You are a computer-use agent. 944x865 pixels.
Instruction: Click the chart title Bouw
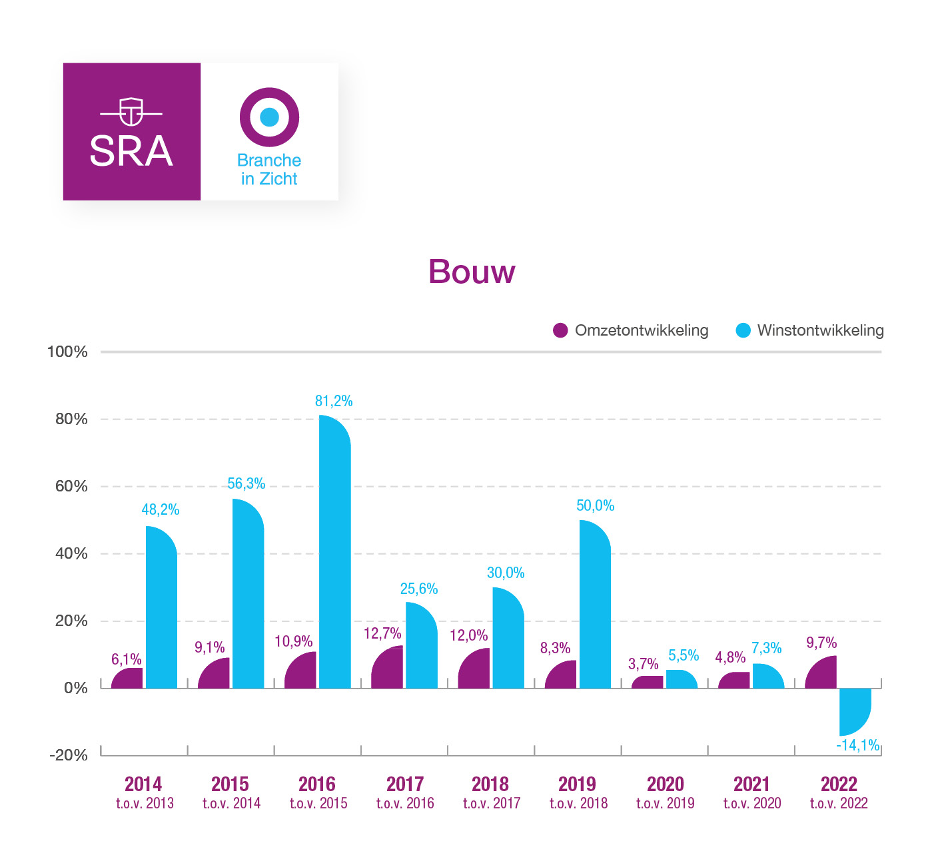click(472, 272)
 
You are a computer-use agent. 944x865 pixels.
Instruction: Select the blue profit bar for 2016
click(335, 553)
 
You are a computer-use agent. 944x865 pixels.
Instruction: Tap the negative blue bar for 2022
click(855, 710)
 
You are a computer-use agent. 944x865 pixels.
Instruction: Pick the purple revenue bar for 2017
click(388, 669)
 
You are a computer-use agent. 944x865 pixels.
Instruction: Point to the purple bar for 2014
click(128, 679)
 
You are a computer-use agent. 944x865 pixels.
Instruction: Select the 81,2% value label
click(334, 401)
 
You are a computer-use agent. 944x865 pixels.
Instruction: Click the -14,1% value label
click(858, 745)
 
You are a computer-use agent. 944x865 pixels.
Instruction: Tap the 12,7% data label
click(382, 633)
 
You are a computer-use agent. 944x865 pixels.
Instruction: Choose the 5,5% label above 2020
click(684, 655)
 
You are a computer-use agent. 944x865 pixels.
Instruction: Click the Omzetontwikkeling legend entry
click(631, 330)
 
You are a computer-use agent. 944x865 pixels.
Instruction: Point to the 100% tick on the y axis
click(67, 352)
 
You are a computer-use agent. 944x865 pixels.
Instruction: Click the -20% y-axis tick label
click(69, 755)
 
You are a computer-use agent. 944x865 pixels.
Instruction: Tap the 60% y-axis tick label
click(71, 486)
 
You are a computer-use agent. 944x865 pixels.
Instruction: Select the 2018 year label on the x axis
click(490, 784)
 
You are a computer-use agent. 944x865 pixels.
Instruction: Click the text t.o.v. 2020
click(752, 803)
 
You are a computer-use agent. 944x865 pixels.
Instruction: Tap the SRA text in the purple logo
click(131, 151)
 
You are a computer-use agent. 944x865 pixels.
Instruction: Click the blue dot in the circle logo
click(269, 117)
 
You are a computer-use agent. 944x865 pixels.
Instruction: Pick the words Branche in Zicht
click(269, 170)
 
